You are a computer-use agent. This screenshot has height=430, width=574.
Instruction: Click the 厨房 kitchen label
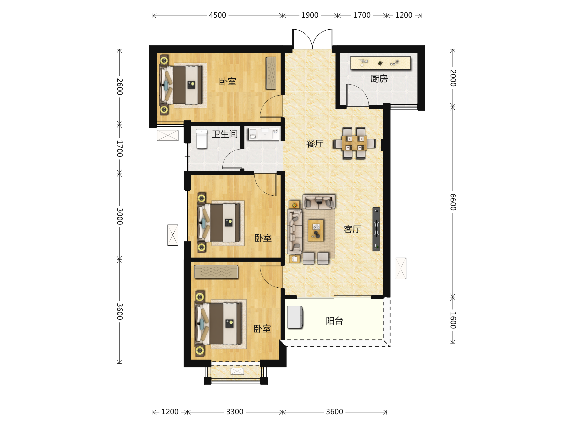[379, 79]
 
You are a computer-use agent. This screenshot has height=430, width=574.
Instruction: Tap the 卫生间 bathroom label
[225, 134]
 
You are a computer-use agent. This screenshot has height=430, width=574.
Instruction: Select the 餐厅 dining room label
[315, 143]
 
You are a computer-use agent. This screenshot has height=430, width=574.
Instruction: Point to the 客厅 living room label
[352, 229]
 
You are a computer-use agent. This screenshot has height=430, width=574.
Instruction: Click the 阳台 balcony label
[335, 321]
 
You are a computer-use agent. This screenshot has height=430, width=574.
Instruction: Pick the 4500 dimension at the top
[217, 15]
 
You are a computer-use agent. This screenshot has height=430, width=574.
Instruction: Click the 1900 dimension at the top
[310, 15]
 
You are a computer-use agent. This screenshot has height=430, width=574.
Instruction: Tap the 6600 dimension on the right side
[453, 202]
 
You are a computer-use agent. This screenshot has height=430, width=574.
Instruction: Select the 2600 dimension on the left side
[120, 86]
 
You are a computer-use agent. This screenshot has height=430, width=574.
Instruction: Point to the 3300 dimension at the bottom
[235, 412]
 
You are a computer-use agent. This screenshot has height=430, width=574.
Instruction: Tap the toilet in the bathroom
[202, 139]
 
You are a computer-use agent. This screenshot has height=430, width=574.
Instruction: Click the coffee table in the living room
[316, 231]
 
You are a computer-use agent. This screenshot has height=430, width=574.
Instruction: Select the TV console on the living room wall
[376, 229]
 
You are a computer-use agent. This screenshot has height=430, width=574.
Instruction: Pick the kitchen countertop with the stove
[381, 63]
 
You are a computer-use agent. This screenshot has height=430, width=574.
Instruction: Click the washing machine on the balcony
[295, 317]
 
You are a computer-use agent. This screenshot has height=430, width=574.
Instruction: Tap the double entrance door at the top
[312, 39]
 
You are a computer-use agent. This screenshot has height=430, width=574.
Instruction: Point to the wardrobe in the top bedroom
[271, 73]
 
